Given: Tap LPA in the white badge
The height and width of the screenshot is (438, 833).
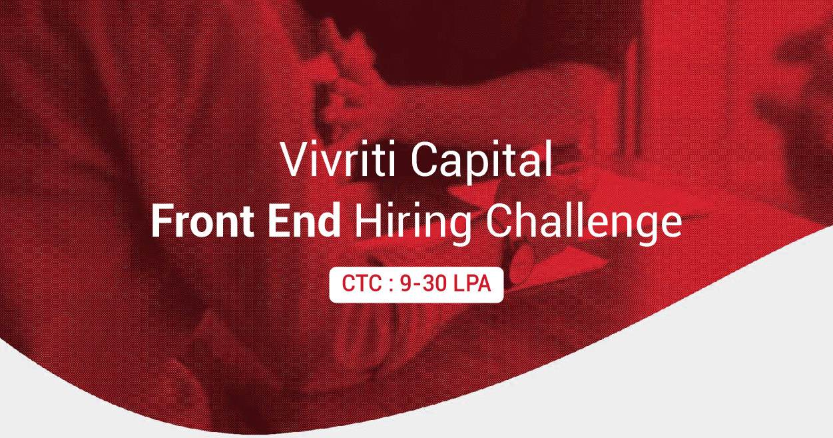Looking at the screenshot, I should coord(471,284).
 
